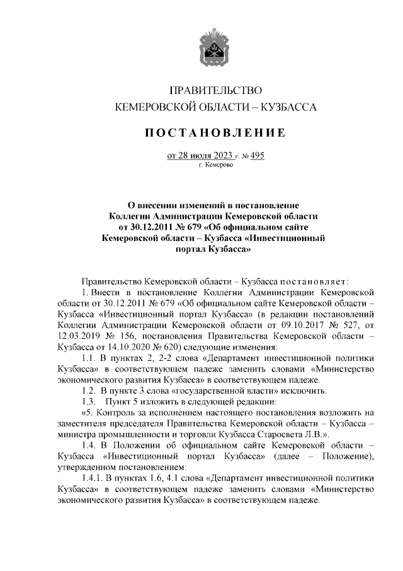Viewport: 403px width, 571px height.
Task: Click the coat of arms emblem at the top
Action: (214, 48)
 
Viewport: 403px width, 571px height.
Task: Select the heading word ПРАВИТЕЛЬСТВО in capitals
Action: (215, 91)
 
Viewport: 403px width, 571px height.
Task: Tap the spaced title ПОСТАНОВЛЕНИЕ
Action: (214, 132)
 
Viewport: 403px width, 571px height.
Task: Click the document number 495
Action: (256, 156)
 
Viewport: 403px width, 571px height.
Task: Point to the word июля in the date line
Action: (203, 156)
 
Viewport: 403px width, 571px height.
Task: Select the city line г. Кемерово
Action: (215, 166)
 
